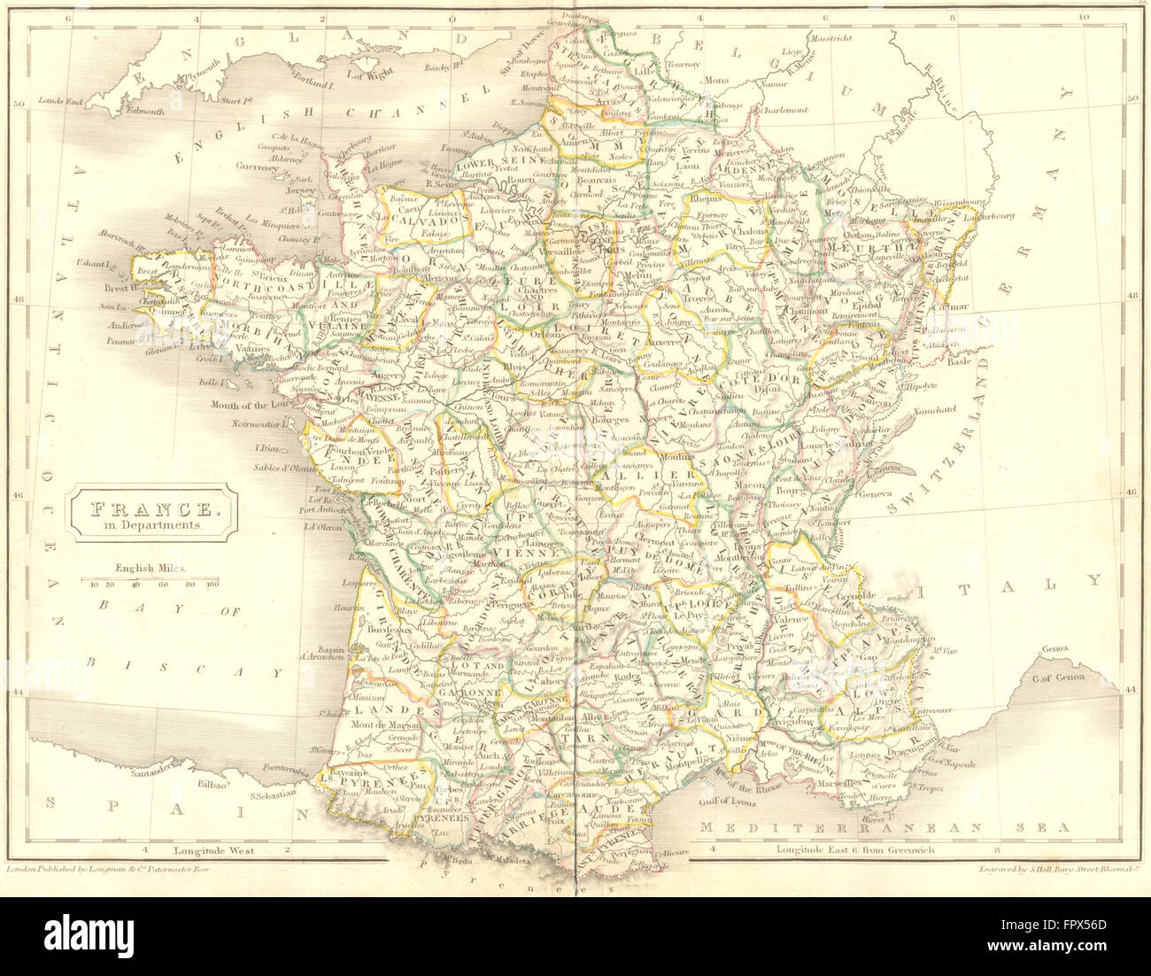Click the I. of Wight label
click(x=369, y=74)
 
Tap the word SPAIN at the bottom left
click(x=177, y=806)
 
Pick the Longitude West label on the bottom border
click(x=213, y=849)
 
